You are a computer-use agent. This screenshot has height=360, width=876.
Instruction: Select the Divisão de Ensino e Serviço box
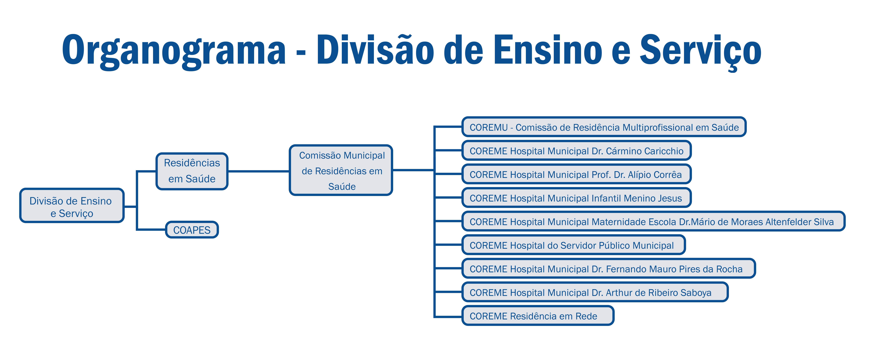coord(72,206)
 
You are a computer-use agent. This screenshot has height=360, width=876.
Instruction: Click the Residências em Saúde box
coord(192,171)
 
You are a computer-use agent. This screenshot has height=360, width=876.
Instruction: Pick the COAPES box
coord(192,230)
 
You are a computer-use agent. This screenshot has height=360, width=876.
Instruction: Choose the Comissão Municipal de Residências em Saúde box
coord(341,170)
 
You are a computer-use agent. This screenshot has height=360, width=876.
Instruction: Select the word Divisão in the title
coord(375,50)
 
